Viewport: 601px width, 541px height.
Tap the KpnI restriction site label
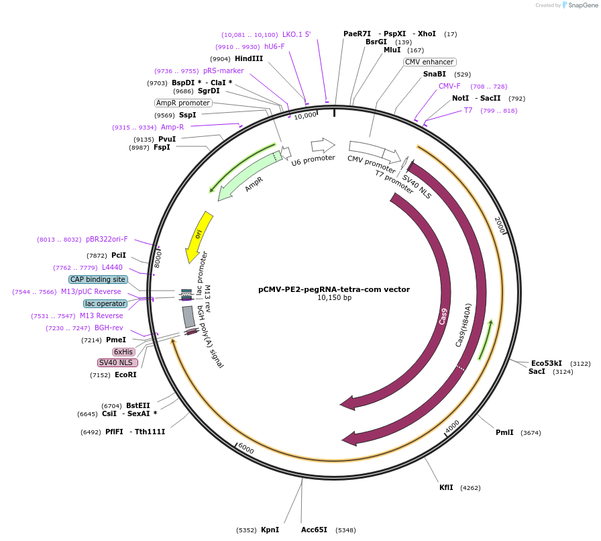click(x=270, y=530)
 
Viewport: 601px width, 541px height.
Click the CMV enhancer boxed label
click(x=429, y=62)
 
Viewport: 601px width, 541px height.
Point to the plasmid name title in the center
click(x=334, y=290)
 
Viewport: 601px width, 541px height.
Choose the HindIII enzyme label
click(x=249, y=59)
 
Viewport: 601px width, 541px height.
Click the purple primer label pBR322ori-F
click(x=107, y=239)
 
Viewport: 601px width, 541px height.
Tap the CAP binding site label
click(x=98, y=279)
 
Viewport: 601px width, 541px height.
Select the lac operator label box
click(x=105, y=303)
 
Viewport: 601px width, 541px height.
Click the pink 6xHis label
click(x=123, y=352)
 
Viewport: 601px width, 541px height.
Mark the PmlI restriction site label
click(x=504, y=432)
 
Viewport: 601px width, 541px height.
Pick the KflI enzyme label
click(x=446, y=487)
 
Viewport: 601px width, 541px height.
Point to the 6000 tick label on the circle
click(x=245, y=448)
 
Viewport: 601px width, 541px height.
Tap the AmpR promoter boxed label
click(x=183, y=103)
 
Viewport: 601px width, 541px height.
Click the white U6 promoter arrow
click(x=323, y=145)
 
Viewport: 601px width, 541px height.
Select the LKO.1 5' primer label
click(x=296, y=34)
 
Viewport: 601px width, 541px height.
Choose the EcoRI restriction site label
click(x=125, y=375)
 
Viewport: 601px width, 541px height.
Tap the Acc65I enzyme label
click(x=314, y=530)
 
